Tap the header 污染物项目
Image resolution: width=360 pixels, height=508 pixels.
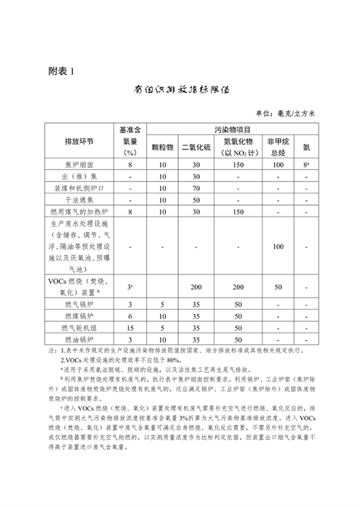pos(233,129)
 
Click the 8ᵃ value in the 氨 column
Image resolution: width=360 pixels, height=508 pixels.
pos(308,165)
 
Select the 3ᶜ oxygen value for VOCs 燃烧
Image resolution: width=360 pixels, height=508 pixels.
pos(130,288)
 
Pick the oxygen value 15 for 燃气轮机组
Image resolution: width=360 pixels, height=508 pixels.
pos(130,328)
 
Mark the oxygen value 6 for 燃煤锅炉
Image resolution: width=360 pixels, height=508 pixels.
pos(130,317)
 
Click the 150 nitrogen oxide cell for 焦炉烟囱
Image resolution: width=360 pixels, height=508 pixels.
pos(237,165)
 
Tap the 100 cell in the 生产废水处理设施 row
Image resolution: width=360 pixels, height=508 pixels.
pos(276,246)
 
